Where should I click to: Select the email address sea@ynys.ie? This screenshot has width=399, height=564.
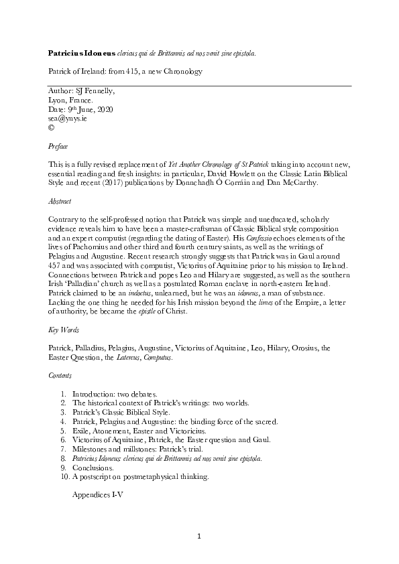coord(68,117)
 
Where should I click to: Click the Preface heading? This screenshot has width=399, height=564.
coord(59,145)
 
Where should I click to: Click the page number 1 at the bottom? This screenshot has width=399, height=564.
coord(199,536)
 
